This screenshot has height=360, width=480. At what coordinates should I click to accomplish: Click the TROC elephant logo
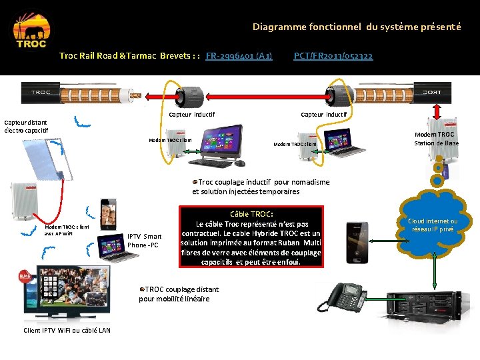[x=31, y=31]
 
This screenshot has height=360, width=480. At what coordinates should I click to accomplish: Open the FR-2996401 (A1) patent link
[x=239, y=56]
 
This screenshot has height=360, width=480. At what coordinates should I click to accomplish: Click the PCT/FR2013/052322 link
[x=333, y=56]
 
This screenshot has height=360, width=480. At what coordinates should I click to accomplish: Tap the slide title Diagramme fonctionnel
[x=307, y=27]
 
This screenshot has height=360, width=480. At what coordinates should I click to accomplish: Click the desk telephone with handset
[x=341, y=297]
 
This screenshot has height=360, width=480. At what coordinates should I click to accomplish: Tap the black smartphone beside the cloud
[x=357, y=243]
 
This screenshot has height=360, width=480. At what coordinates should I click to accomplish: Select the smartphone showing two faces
[x=109, y=215]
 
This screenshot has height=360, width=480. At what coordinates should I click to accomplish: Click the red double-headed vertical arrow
[x=437, y=112]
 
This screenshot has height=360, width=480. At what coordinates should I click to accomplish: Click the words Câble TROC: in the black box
[x=251, y=214]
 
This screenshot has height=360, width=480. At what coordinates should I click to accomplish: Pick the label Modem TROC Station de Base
[x=436, y=139]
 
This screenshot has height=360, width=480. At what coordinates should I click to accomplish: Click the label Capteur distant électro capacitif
[x=26, y=127]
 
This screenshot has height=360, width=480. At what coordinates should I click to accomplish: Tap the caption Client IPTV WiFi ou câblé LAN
[x=67, y=330]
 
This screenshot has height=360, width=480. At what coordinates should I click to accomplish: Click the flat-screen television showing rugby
[x=73, y=291]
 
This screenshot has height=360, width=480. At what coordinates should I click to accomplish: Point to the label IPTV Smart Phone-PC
[x=144, y=241]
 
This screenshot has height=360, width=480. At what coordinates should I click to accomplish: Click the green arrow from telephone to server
[x=376, y=299]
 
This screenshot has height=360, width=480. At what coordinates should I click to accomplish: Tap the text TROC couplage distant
[x=182, y=289]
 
